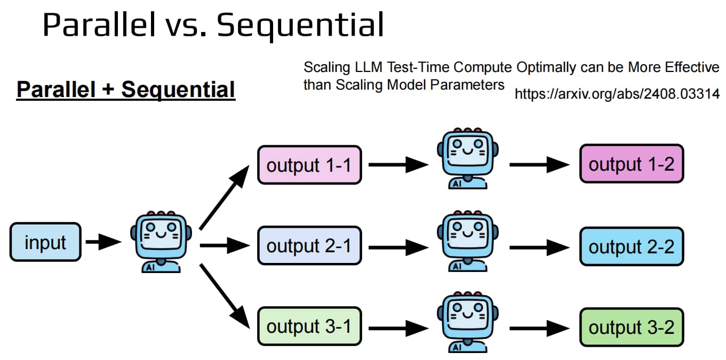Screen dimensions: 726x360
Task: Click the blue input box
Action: click(x=45, y=242)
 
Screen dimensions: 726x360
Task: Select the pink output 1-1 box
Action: click(x=309, y=165)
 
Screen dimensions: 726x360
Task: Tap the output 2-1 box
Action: click(x=309, y=246)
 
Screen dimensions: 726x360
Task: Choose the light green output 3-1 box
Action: click(x=309, y=326)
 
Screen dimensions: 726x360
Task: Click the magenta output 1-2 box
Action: click(x=632, y=164)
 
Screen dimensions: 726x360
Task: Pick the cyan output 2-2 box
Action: click(x=632, y=246)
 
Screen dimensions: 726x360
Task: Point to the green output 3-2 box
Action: click(x=632, y=327)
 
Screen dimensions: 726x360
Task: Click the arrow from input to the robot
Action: click(x=103, y=242)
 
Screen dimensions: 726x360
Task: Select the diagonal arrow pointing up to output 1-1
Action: click(x=224, y=197)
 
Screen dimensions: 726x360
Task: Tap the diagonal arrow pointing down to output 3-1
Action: click(x=224, y=296)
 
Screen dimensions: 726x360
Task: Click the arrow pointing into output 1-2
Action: click(x=539, y=165)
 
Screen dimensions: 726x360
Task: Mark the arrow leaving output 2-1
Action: click(x=398, y=247)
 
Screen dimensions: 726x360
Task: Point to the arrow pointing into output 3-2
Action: click(x=539, y=328)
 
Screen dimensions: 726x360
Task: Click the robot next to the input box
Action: click(x=161, y=242)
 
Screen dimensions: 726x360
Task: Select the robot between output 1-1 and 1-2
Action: click(x=468, y=158)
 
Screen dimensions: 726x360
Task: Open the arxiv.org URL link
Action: click(x=617, y=94)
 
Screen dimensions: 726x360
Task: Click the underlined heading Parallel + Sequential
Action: click(x=126, y=90)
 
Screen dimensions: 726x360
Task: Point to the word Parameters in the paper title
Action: click(x=467, y=85)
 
